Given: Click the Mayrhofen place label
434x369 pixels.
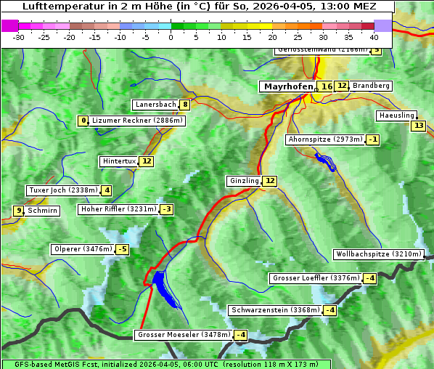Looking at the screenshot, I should pos(287,86).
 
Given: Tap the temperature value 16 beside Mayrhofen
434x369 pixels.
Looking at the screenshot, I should pos(327,86).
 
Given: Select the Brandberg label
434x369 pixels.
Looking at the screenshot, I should pos(371,86).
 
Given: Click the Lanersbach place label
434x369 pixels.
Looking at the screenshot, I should pos(155,105).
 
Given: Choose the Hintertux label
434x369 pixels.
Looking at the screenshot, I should pos(119,161).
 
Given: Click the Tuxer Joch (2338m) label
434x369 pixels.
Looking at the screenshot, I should pos(62,190).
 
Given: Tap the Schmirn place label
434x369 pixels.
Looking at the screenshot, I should pos(43,211).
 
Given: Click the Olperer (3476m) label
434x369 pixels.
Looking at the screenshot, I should pos(83,249).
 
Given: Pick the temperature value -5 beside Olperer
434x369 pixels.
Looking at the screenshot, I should pos(122,250).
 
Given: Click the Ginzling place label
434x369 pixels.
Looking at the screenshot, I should pos(243,181).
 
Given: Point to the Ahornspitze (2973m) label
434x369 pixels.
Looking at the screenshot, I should pos(325,139).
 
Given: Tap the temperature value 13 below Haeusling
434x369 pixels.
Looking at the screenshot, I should pos(417,126).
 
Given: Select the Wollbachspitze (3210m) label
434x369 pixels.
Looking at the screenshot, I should pos(377,254).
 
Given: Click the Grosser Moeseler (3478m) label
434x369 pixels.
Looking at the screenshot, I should pos(184,335).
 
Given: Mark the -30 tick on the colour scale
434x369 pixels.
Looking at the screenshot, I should pos(19,37).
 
